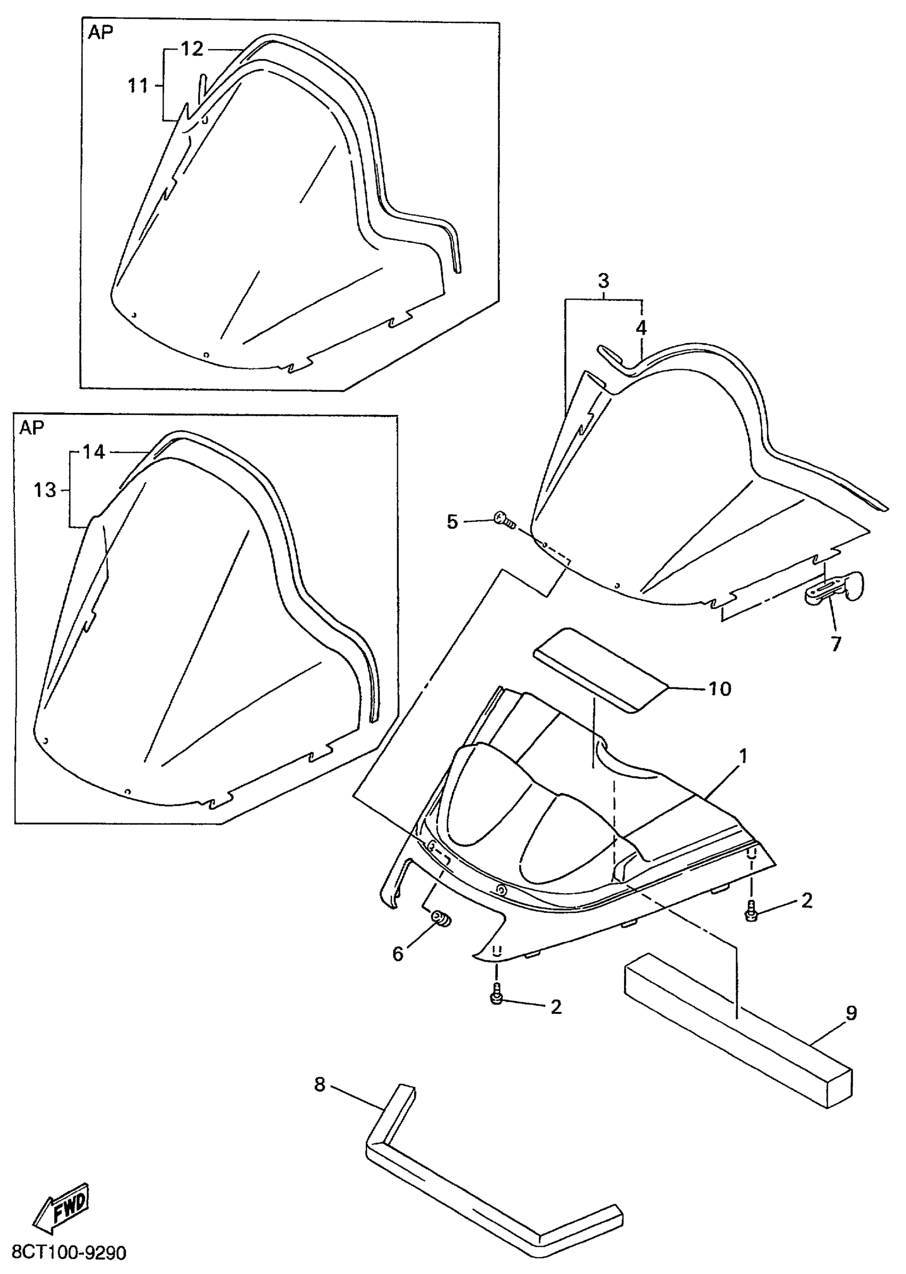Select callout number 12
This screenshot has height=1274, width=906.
pos(192,49)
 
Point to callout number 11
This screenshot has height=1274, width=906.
pos(138,86)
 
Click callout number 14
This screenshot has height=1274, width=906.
pos(94,452)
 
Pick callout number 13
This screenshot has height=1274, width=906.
pos(45,490)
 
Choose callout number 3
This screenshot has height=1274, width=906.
pos(604,281)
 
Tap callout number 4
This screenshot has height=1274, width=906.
pos(642,328)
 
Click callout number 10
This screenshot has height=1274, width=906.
pos(719,689)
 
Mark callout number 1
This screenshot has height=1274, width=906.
pos(742,757)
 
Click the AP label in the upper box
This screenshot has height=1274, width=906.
pos(100,33)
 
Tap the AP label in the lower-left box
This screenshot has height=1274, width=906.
pos(32,427)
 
